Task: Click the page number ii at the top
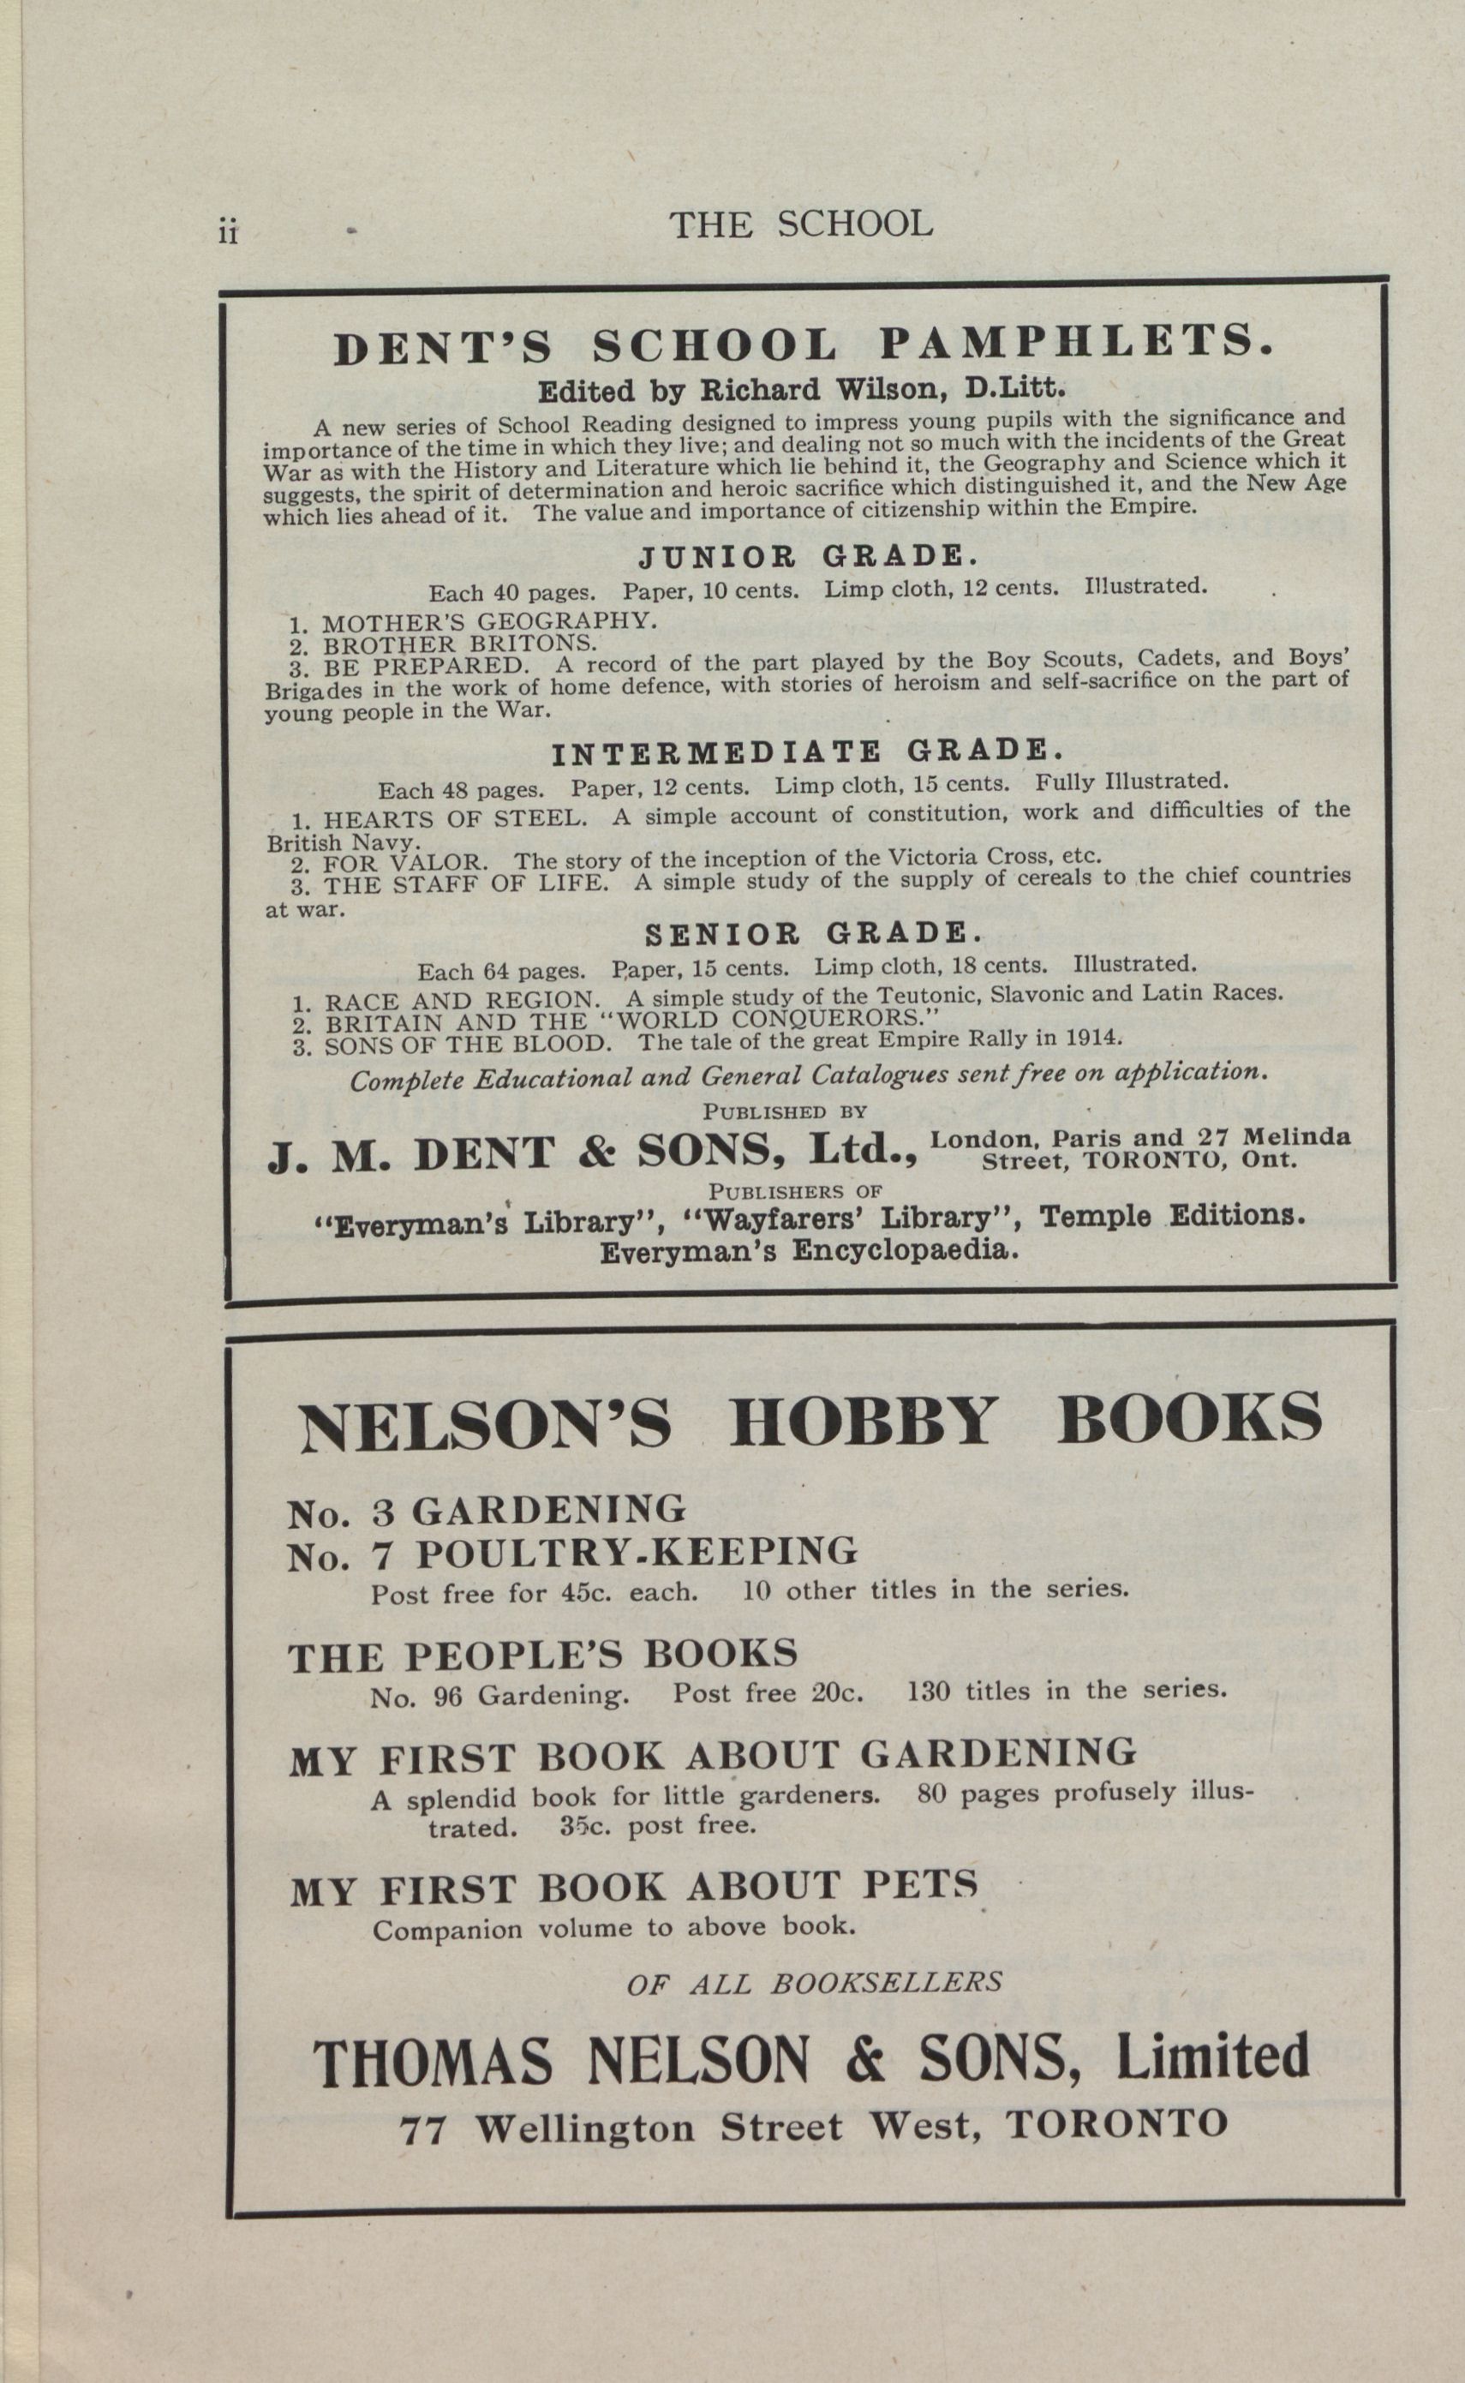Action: tap(229, 234)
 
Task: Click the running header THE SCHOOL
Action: tap(800, 225)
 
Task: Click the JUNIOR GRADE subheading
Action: tap(808, 556)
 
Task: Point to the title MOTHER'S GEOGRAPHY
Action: tap(489, 621)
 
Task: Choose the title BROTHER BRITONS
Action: tap(460, 644)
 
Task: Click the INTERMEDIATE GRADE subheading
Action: tap(808, 752)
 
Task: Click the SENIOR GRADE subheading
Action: tap(814, 934)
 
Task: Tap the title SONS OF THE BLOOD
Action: tap(468, 1045)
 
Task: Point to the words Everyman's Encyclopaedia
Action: tap(809, 1251)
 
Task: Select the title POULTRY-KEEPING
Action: tap(637, 1552)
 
